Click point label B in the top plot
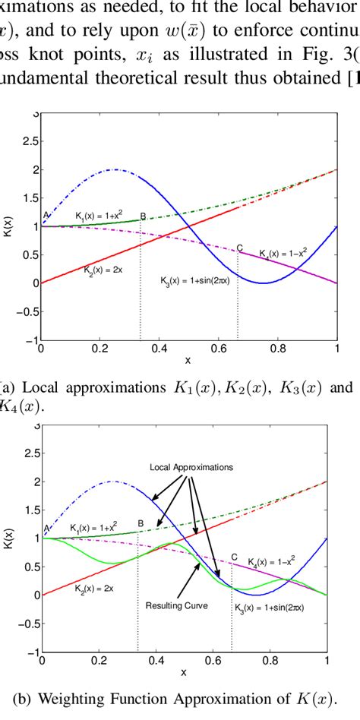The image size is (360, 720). [143, 216]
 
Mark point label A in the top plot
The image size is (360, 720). [46, 215]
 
